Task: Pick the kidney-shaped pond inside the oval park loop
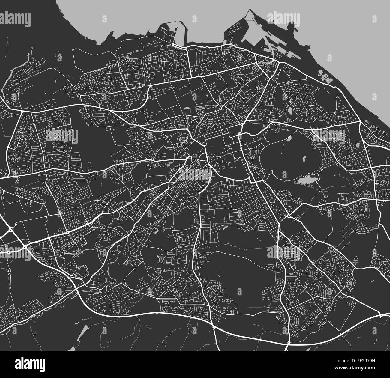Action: pos(304,158)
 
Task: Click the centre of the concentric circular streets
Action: pos(89,81)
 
